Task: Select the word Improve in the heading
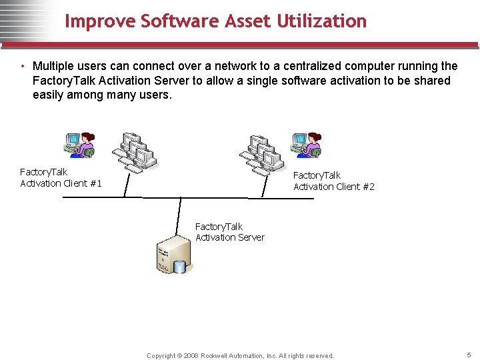(x=100, y=21)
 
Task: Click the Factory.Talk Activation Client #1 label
(x=61, y=178)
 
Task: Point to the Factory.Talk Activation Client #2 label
(x=334, y=181)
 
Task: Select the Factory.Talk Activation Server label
(x=230, y=232)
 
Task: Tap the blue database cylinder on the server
(x=179, y=267)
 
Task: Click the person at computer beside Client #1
(x=79, y=144)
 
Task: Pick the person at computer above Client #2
(x=306, y=144)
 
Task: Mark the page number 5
(x=469, y=355)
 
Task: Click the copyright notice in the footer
(x=240, y=356)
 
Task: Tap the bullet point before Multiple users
(x=23, y=67)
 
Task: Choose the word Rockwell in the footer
(x=216, y=356)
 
